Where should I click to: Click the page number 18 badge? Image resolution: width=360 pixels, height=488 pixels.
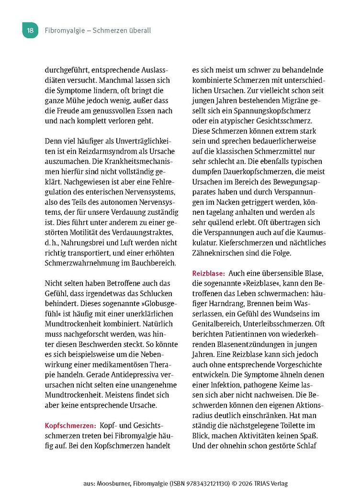[x=30, y=31]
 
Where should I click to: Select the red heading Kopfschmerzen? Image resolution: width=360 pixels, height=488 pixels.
[x=71, y=425]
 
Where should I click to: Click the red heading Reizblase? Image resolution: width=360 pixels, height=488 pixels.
[x=209, y=273]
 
